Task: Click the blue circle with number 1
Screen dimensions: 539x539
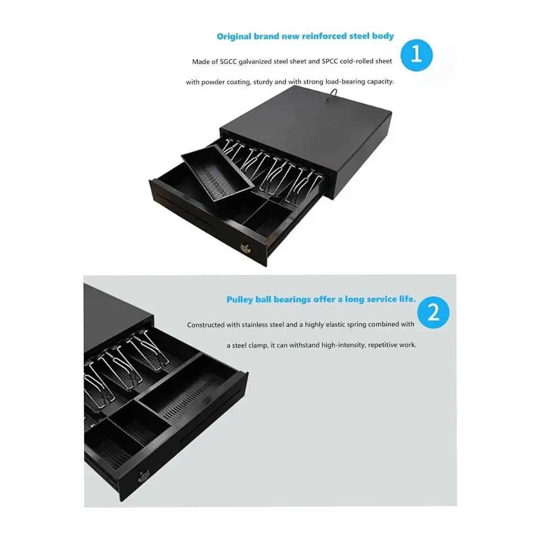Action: click(x=417, y=55)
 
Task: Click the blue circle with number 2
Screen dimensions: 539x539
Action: click(x=433, y=313)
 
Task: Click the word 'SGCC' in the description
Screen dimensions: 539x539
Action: click(x=229, y=62)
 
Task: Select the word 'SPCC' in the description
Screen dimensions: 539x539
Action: click(x=330, y=61)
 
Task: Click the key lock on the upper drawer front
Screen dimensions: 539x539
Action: click(x=246, y=248)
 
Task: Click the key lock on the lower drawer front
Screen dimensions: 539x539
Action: click(x=144, y=477)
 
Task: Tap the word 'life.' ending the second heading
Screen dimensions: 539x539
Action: click(x=408, y=299)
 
